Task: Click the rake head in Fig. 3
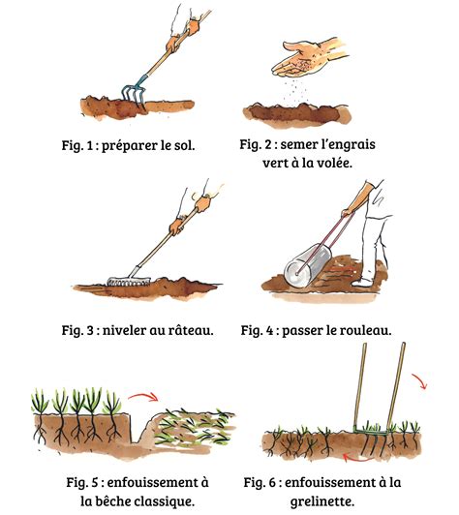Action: coord(122,282)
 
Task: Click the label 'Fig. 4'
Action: coord(260,330)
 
